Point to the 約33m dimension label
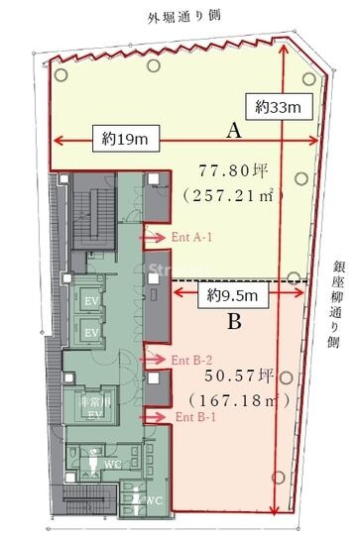(279, 104)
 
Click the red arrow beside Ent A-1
(157, 237)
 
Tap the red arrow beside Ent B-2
(157, 360)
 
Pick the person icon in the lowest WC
(138, 500)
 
